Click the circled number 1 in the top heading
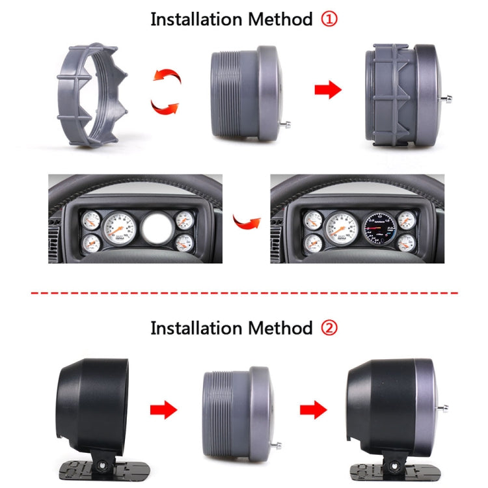tap(330, 20)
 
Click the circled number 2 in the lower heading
tap(330, 327)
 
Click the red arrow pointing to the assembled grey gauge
tap(328, 90)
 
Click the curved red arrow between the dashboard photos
tap(245, 223)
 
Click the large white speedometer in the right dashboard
tap(341, 230)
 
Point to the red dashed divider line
tap(244, 293)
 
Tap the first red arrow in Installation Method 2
tap(163, 410)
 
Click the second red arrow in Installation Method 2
tap(313, 410)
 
